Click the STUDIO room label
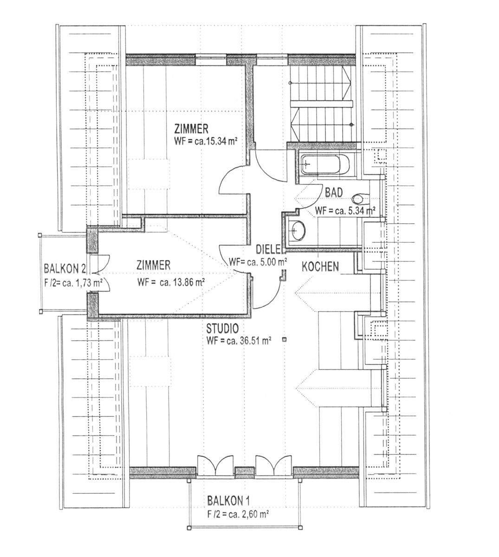click(x=222, y=328)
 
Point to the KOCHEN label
click(x=320, y=267)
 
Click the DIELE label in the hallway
click(x=268, y=249)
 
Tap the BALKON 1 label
click(x=228, y=501)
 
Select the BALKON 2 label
click(x=65, y=269)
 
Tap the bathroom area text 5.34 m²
click(x=357, y=211)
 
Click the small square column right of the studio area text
click(x=285, y=339)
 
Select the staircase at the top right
click(x=322, y=104)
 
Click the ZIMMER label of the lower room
click(x=153, y=266)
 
